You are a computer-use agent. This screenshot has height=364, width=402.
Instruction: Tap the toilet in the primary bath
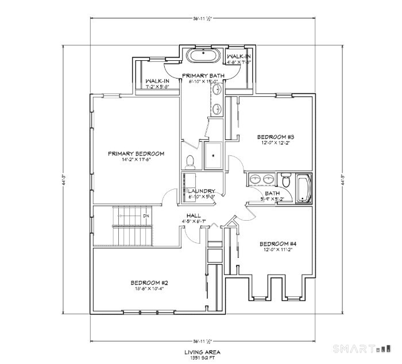coord(190,159)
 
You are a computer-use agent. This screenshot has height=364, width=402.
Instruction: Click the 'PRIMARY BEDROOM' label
coord(136,154)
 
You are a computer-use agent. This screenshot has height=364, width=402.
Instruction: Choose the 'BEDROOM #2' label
coord(149,283)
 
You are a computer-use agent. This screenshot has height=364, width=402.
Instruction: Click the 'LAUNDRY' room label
coord(202,191)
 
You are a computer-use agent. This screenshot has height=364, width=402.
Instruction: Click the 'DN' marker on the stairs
coord(146,216)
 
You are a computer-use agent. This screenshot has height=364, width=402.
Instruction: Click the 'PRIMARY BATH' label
coord(203,76)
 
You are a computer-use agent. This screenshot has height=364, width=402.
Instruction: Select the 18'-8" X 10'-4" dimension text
coord(149,289)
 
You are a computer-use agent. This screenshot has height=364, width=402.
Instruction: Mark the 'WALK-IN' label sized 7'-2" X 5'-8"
coord(157,81)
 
